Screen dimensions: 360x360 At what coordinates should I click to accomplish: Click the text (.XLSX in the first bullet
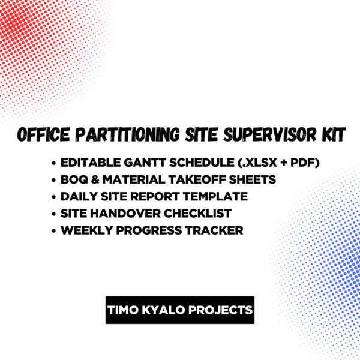[256, 163]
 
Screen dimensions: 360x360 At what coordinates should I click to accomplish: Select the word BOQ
[74, 179]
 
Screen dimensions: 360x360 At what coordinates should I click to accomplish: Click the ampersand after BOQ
[95, 179]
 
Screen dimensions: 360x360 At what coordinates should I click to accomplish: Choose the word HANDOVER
[125, 214]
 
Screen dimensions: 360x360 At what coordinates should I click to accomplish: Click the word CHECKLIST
[197, 214]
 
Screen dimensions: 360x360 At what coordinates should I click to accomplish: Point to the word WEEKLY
[87, 230]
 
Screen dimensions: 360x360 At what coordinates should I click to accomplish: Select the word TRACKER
[214, 230]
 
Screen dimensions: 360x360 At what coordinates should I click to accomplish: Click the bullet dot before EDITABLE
[54, 163]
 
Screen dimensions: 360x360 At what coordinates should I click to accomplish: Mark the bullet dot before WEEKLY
[54, 231]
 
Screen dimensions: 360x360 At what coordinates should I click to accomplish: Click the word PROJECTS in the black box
[220, 310]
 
